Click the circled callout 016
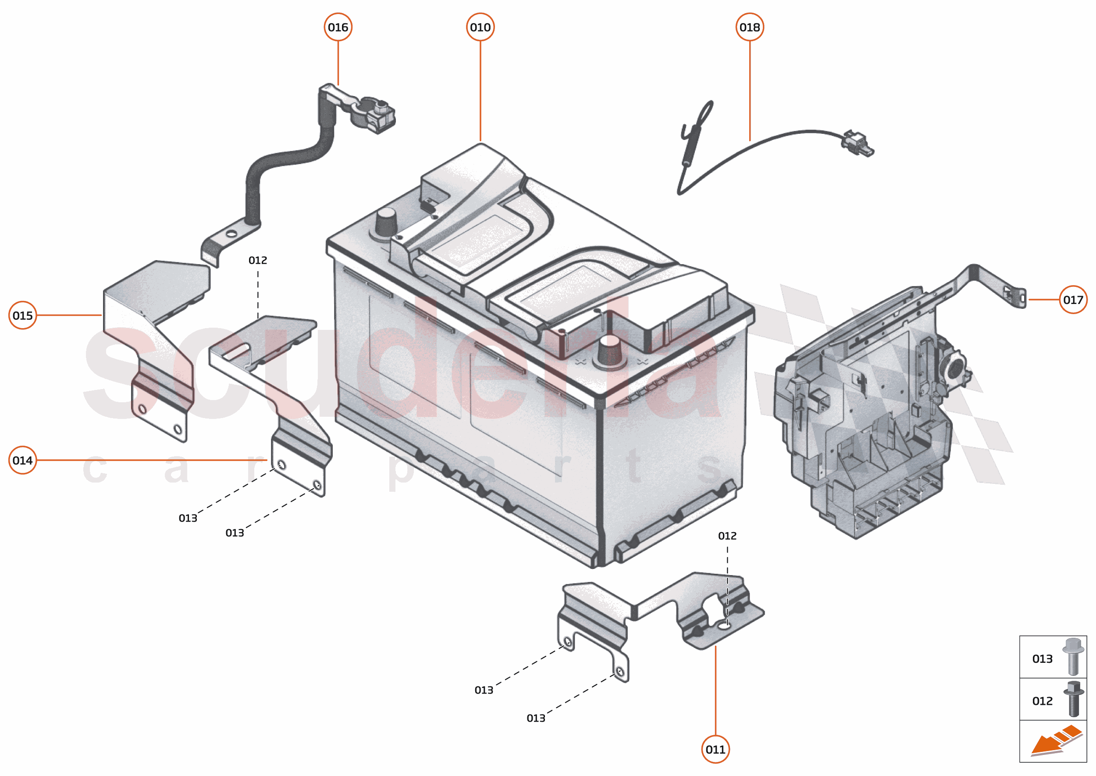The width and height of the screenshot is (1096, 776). point(338,27)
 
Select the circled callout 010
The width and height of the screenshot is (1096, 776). point(480,27)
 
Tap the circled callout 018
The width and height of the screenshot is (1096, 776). point(749,27)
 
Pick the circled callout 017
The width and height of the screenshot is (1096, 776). point(1073,300)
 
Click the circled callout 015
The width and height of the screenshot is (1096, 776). point(22,315)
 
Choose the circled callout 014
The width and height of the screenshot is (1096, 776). point(22,460)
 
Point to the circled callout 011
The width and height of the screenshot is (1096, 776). point(715,749)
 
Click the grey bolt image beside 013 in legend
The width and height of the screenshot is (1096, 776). point(1073,657)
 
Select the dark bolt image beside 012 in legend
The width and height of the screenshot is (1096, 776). point(1073,699)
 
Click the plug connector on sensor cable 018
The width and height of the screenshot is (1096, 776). point(857,143)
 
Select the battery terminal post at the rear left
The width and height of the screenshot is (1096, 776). point(385,222)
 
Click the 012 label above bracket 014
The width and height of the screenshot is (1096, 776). point(257,261)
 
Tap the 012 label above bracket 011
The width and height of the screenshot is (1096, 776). point(727,536)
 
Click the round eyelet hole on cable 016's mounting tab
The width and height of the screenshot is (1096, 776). point(231,234)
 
